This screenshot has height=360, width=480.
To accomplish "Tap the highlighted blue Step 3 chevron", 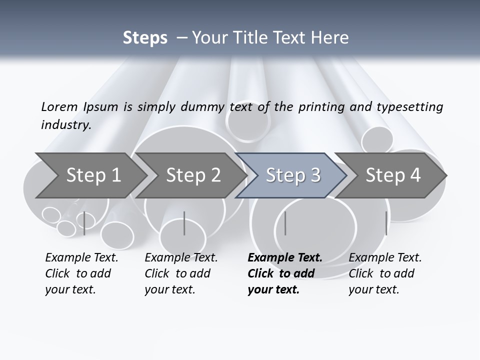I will click(x=293, y=175).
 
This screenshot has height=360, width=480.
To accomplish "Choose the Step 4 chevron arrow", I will click(x=393, y=175).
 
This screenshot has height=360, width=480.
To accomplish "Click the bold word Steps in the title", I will click(x=145, y=37).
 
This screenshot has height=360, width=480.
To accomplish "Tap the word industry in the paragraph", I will click(x=66, y=125).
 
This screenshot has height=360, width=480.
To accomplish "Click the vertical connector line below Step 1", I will click(x=84, y=223).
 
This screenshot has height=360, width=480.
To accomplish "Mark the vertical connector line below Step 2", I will click(x=184, y=223).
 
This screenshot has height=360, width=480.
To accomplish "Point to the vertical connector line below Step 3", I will click(x=285, y=223).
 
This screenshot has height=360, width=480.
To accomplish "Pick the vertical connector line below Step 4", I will click(x=386, y=223).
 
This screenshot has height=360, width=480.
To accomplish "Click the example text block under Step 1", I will click(x=81, y=273).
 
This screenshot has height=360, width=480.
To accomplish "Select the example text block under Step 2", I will click(x=181, y=273).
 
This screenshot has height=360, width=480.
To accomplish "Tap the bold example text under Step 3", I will click(x=285, y=273).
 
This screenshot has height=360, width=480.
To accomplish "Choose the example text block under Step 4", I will click(x=385, y=273).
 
